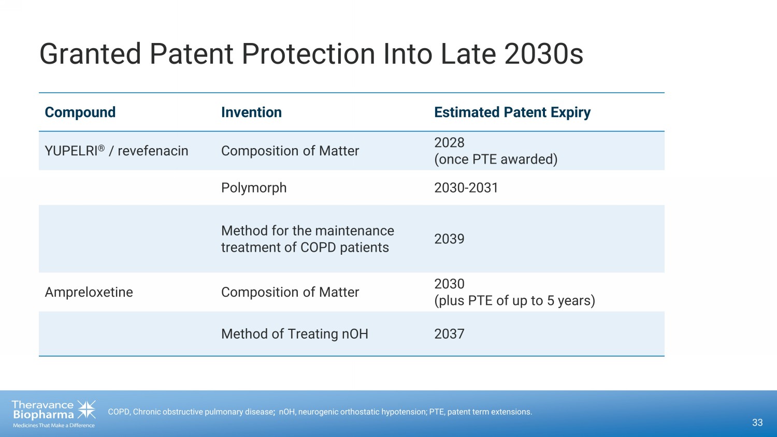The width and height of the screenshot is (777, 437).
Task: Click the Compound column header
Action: pos(80,112)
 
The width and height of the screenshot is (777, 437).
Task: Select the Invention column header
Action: pos(251,112)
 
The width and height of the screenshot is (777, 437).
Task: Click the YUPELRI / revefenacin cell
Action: pos(117,151)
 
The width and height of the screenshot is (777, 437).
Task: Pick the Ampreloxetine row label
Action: pos(89,292)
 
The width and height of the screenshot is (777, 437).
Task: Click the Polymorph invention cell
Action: pos(254,187)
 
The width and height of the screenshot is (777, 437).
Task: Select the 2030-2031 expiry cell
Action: pos(466,187)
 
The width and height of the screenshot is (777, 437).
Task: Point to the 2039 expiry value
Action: pos(449,239)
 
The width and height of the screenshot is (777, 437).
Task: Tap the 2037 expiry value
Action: pos(449,334)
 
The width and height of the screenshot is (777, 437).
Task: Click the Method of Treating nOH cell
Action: pos(295,334)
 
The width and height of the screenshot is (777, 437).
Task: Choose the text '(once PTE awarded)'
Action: pos(496,159)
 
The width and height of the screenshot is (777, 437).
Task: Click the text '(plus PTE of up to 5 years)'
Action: pos(515,300)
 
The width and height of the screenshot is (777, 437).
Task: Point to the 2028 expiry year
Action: pos(449,142)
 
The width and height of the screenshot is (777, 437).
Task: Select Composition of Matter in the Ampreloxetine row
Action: pos(290,292)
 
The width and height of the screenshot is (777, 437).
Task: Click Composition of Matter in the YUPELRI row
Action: pos(290,151)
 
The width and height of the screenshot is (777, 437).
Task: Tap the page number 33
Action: pos(757,423)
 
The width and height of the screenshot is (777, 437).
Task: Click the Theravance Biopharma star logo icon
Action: pos(87,410)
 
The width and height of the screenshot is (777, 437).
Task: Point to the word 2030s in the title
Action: pos(543,54)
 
